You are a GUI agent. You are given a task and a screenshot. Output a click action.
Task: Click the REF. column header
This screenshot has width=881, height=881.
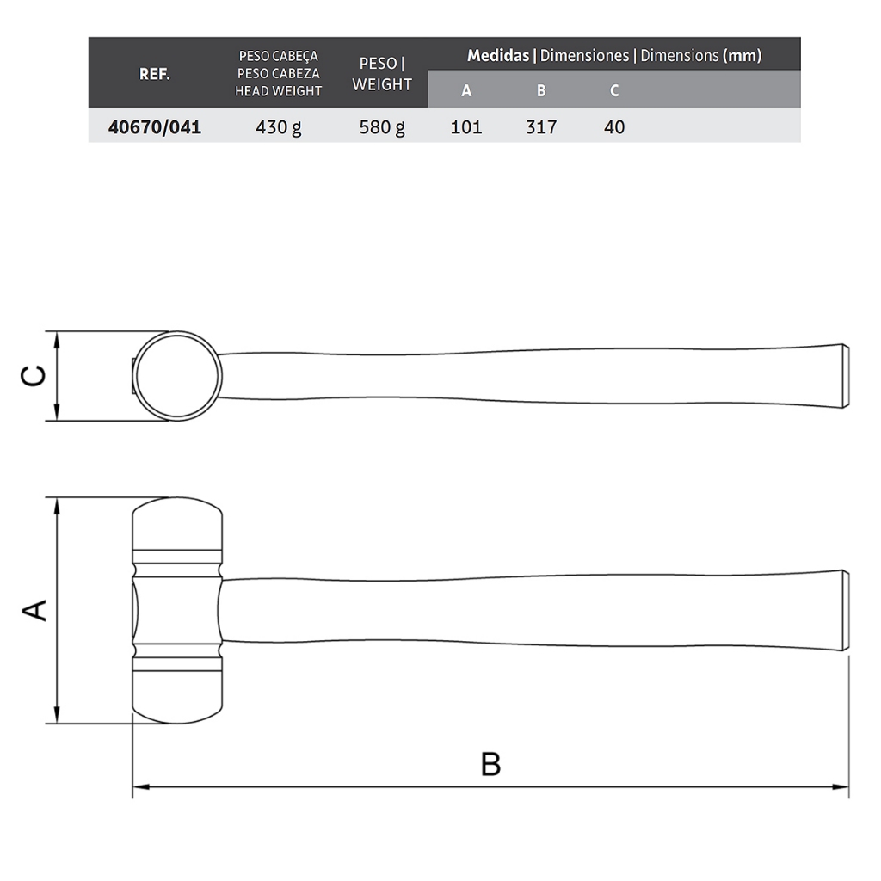155,74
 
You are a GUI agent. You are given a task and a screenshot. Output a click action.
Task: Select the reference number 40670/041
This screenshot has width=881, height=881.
155,127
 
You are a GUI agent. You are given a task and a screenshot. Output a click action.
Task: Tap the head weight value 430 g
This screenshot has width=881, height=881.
278,127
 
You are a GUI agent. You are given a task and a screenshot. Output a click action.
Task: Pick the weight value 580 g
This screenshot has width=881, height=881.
382,127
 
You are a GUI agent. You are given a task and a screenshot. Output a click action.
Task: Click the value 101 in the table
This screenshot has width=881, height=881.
466,127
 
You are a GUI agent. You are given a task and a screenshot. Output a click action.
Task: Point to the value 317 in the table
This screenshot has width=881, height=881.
541,127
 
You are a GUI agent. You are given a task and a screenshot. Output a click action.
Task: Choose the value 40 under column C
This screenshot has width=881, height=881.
614,127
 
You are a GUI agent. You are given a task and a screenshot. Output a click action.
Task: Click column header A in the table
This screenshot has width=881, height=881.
466,90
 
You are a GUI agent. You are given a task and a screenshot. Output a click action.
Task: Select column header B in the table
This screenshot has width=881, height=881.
541,90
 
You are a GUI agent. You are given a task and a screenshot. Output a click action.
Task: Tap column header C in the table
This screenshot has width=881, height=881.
614,90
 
